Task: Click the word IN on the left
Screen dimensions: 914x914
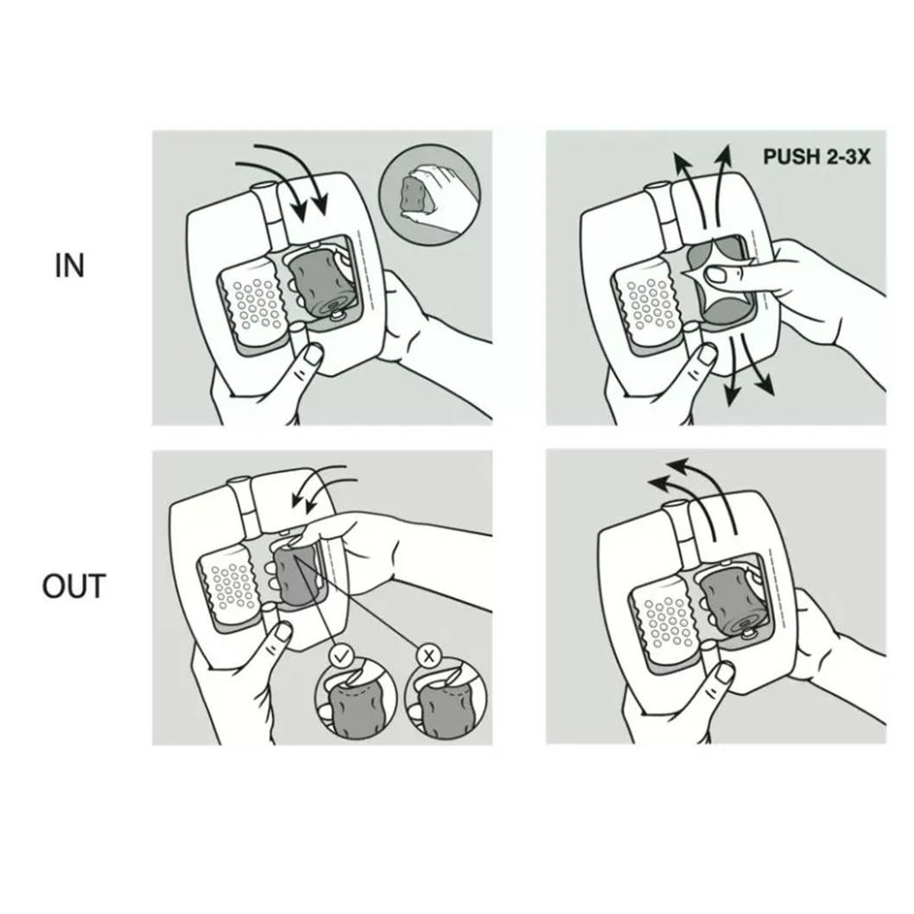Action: [69, 266]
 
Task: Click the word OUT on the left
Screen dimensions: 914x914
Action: [74, 587]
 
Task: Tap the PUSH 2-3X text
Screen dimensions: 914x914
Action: [816, 157]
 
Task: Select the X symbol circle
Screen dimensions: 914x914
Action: [428, 657]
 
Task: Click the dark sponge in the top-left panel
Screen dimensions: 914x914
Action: [321, 281]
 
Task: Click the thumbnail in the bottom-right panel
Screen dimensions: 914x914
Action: [724, 673]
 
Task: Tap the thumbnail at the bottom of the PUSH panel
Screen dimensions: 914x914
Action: [708, 353]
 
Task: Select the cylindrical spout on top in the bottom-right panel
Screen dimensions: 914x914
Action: [679, 528]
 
